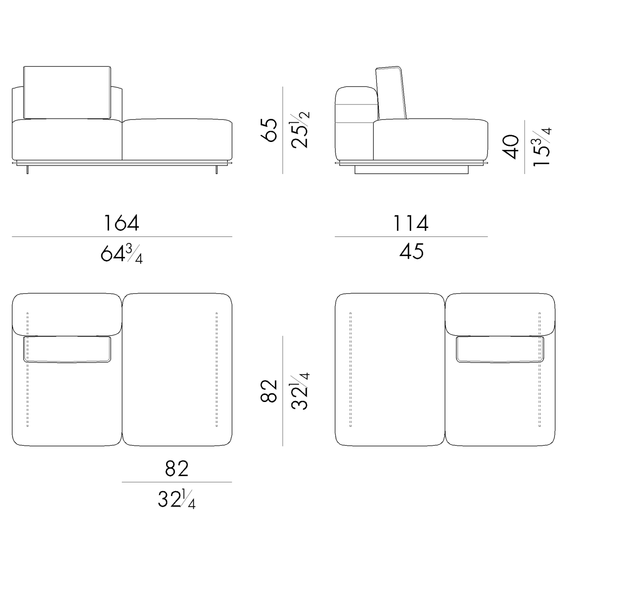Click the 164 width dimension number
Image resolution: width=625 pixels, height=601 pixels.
[x=121, y=223]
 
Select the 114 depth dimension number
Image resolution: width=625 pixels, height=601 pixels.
[x=410, y=223]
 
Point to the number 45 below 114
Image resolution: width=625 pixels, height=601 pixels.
[x=411, y=252]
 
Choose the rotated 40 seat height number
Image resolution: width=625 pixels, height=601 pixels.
[x=511, y=147]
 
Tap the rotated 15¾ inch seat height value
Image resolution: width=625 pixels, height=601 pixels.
[x=542, y=147]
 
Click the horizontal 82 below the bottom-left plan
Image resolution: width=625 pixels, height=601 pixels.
[x=177, y=468]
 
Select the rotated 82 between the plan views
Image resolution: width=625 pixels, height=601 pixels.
[x=269, y=391]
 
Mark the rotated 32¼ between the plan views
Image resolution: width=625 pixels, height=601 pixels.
[x=300, y=391]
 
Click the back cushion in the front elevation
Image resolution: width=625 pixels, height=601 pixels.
[x=67, y=92]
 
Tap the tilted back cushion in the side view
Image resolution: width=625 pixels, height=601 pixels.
[x=392, y=93]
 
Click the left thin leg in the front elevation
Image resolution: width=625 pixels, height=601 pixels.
[x=28, y=169]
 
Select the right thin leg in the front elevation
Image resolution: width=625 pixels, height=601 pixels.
[x=217, y=169]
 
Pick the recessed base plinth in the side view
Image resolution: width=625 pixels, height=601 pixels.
[x=411, y=169]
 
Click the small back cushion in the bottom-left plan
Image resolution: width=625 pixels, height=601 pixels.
[x=67, y=349]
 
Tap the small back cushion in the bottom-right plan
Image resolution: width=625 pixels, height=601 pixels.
[x=500, y=349]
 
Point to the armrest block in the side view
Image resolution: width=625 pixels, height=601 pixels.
[x=355, y=123]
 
